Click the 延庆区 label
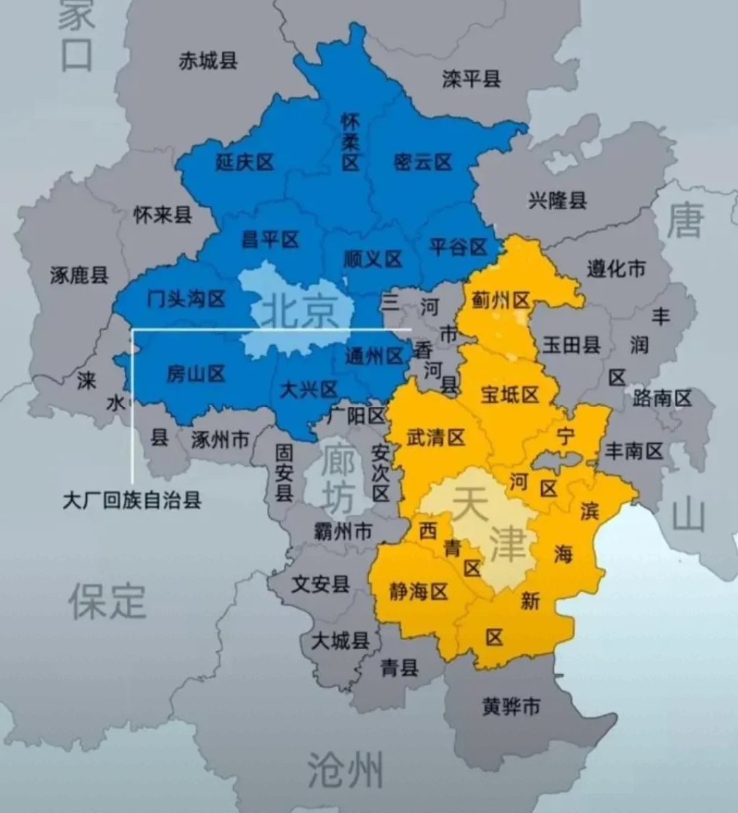[x=244, y=162]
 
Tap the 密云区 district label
[x=423, y=162]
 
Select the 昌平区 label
[x=271, y=240]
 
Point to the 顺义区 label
[x=372, y=259]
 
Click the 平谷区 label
[x=457, y=246]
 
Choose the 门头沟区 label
[x=187, y=298]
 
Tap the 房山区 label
[x=196, y=373]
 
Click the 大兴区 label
[x=310, y=390]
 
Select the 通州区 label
[x=374, y=356]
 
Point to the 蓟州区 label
[x=501, y=300]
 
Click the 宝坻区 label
[x=510, y=395]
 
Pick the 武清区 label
[x=435, y=437]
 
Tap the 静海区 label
[x=418, y=591]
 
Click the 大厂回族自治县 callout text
[x=132, y=500]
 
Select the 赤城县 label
[x=208, y=61]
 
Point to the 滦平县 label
[x=471, y=79]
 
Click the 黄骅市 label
[x=511, y=707]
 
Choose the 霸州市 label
[x=343, y=530]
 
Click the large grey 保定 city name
[x=107, y=601]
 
